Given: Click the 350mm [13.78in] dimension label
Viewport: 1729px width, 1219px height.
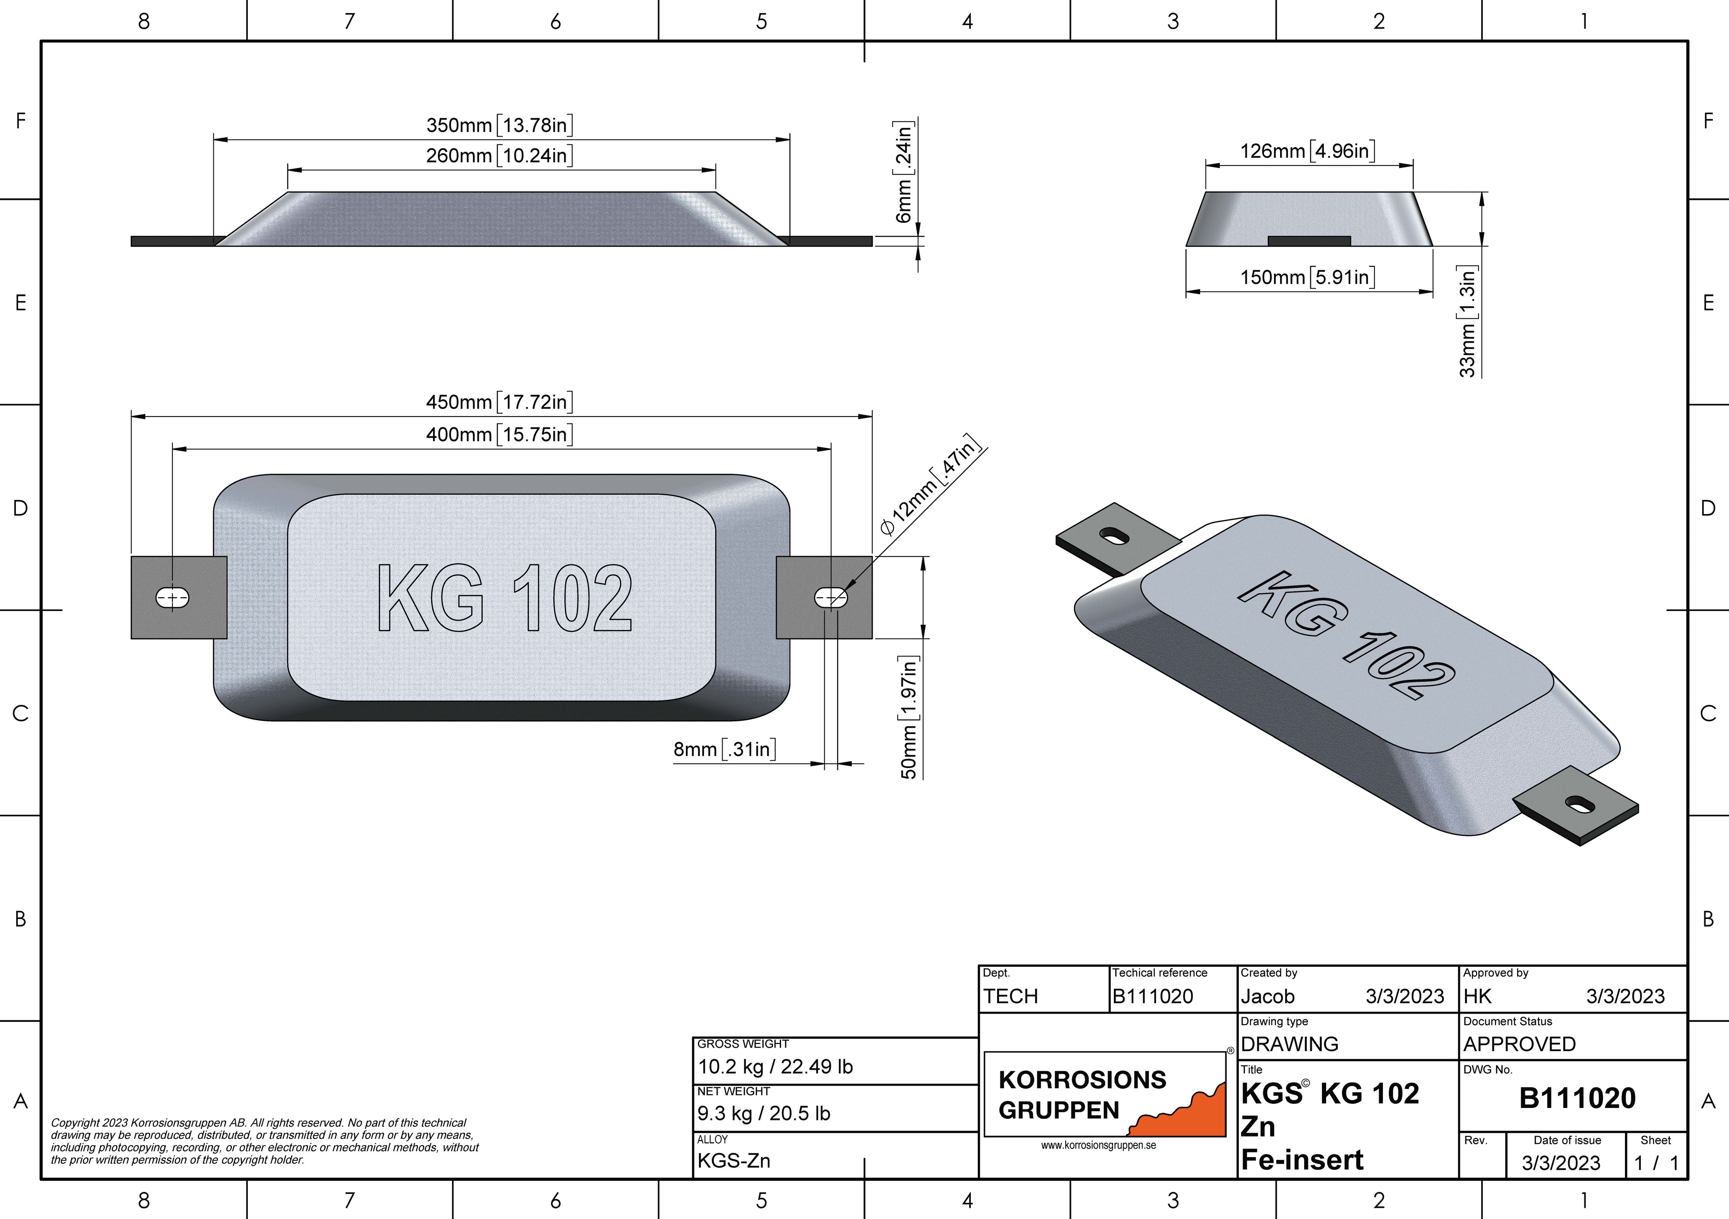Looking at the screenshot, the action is pos(499,125).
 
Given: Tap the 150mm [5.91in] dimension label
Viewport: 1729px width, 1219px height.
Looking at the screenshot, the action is pos(1308,277).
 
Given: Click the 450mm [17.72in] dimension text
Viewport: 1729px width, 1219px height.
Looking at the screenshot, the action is pos(499,402).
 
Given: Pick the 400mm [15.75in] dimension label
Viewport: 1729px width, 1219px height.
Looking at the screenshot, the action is pos(499,435).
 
